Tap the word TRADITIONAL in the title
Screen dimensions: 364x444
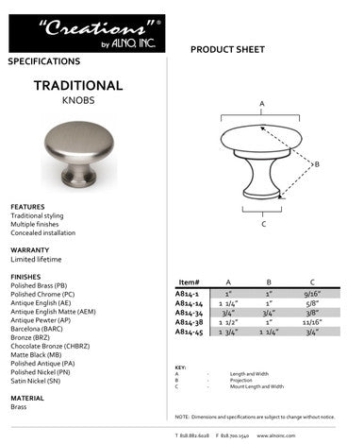pyautogui.click(x=78, y=85)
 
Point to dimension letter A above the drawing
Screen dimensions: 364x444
pyautogui.click(x=261, y=102)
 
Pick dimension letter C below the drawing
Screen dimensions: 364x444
pyautogui.click(x=262, y=225)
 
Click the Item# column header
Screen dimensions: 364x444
pyautogui.click(x=189, y=282)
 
